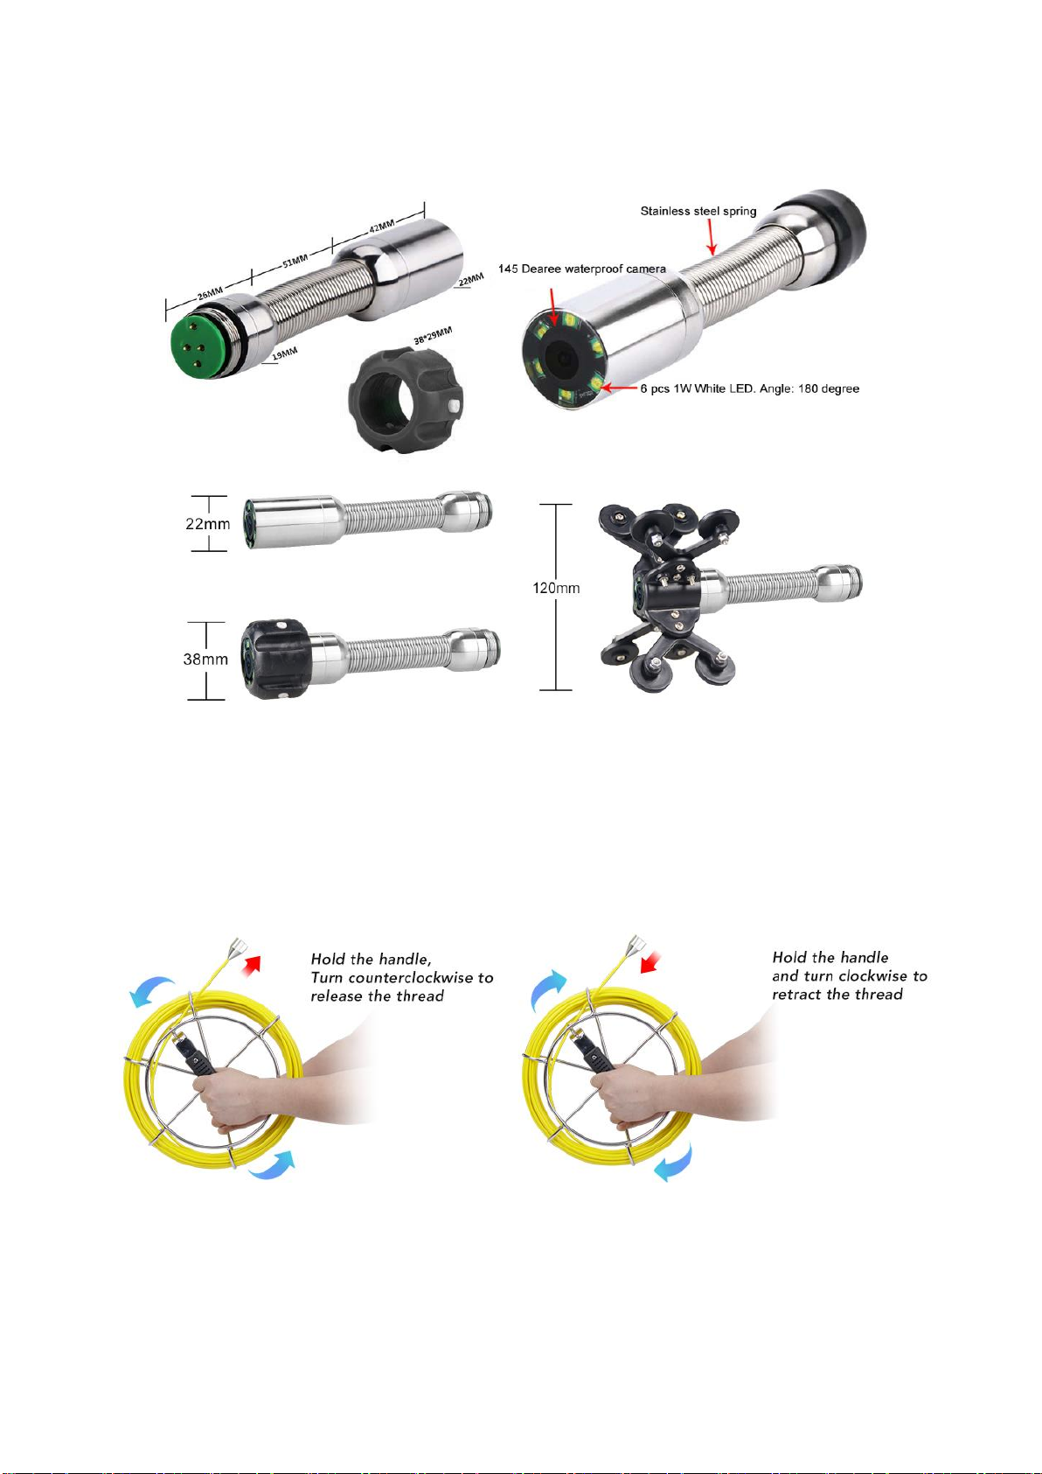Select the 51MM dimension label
(295, 261)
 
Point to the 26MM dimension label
(211, 291)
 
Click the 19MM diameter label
(285, 353)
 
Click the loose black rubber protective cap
(406, 400)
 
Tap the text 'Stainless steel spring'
(698, 211)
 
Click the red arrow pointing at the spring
(712, 236)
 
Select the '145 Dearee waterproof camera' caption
(582, 269)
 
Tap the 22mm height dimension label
(208, 524)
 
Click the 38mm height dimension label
(205, 659)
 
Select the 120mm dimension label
(556, 588)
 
